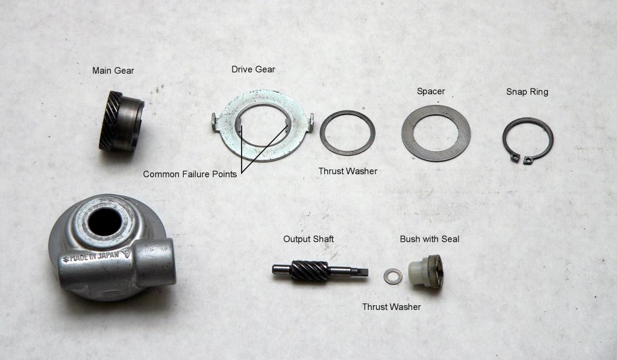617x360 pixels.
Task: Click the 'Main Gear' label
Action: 113,71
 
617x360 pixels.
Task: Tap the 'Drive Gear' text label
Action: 253,69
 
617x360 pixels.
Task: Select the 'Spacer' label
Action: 430,92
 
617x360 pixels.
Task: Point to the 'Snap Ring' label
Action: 527,92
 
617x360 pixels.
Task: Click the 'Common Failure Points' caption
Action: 190,174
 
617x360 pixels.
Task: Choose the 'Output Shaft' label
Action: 308,239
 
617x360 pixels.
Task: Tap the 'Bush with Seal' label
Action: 429,239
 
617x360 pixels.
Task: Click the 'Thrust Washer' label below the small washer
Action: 391,307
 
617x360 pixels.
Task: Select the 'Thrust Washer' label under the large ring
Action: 348,171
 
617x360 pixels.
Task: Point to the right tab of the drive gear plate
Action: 311,122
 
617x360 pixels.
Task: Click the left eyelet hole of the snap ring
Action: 515,157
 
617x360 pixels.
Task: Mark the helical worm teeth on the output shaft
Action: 309,271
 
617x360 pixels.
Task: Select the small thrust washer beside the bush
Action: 393,277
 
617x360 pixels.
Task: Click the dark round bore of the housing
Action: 105,222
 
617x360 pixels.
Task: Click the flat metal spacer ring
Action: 436,133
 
